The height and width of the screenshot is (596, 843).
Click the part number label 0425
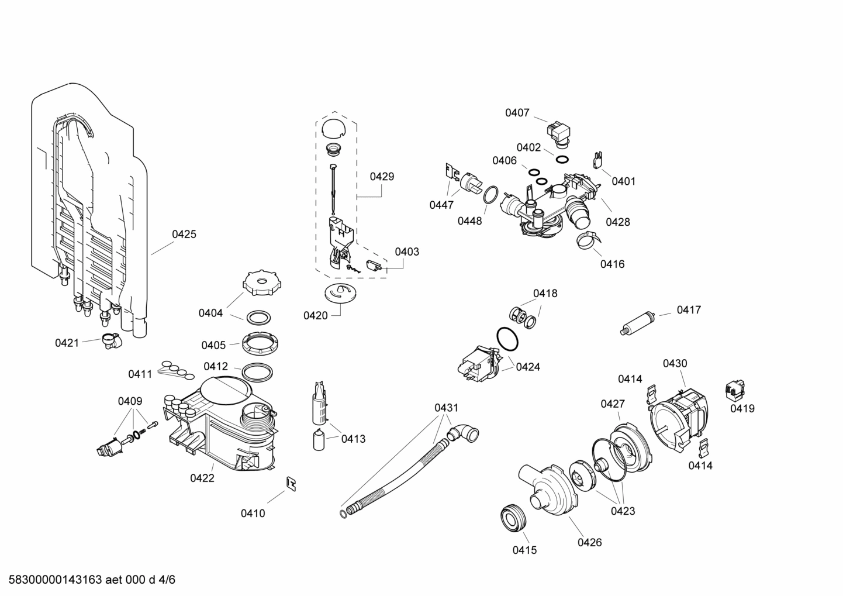(184, 235)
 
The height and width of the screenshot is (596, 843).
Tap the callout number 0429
(382, 177)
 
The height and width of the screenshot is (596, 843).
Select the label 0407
(517, 113)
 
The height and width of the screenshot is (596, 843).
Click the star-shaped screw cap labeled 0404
(258, 284)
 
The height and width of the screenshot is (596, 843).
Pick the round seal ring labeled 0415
(514, 518)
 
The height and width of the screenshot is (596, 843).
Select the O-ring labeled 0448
(490, 195)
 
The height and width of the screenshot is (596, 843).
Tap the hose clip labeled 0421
(109, 340)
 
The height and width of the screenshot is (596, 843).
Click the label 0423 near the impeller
(623, 511)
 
